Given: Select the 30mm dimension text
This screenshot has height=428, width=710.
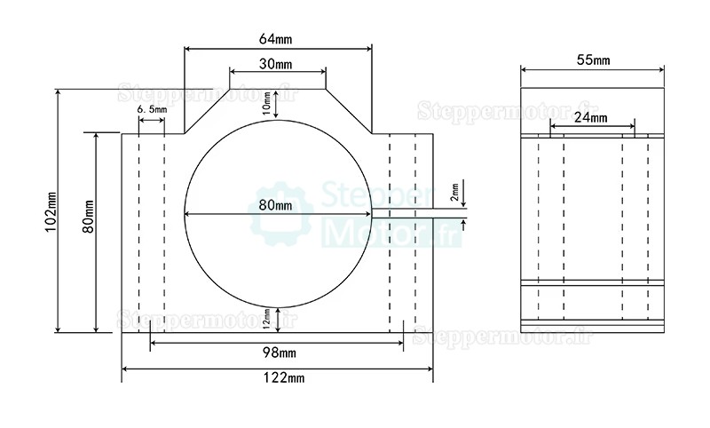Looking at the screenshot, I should pos(277,65).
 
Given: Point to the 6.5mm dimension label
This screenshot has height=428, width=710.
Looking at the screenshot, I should pos(152,108).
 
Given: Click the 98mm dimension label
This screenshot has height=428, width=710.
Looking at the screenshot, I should pos(278,354).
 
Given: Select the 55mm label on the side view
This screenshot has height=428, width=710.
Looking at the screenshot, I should pos(593,60).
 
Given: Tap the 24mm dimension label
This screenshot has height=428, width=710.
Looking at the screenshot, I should pos(592,117).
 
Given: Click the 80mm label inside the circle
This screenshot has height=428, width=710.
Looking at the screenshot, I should pos(276,205).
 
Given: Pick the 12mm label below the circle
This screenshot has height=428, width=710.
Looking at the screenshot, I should pos(267,316).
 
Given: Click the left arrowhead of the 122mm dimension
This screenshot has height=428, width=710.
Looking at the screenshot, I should pos(124,368).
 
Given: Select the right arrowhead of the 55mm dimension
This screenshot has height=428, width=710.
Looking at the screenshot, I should pos(662,70).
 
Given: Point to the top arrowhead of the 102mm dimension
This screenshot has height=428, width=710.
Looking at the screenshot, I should pos(59,91).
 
